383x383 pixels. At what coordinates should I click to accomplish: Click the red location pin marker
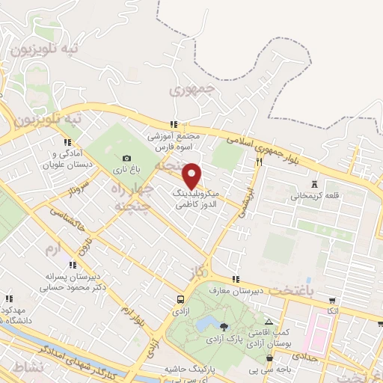coord(191,175)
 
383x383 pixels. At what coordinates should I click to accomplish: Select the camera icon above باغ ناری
coord(126,159)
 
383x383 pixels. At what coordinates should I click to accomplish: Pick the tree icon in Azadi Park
coord(224,327)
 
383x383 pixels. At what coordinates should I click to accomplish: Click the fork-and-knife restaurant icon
coord(259,160)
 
